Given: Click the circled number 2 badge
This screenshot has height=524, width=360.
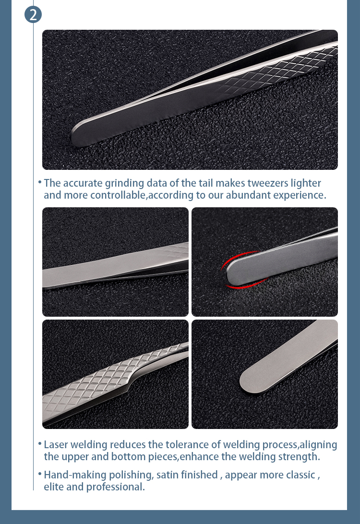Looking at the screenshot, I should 33,14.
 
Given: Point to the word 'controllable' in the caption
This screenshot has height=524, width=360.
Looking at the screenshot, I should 117,195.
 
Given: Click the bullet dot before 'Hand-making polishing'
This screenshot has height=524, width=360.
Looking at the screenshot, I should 39,474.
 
